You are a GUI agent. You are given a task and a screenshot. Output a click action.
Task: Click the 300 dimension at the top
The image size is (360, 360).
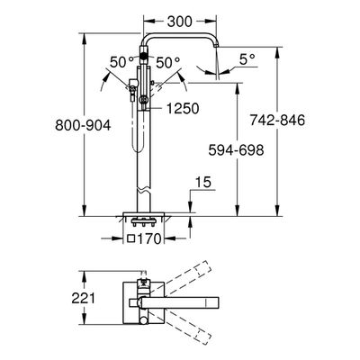(179, 22)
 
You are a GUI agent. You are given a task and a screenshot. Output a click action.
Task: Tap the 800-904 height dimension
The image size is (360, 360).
(83, 125)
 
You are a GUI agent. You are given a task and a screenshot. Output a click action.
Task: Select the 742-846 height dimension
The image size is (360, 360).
(277, 121)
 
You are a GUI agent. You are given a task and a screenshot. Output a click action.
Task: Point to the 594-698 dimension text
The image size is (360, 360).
(237, 150)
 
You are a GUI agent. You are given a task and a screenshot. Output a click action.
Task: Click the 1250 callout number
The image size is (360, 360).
(183, 108)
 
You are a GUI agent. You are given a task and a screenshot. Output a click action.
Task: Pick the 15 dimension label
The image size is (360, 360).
(203, 182)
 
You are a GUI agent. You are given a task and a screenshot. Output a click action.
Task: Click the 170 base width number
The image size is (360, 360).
(149, 239)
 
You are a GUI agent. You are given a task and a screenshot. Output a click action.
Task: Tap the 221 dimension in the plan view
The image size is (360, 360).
(83, 298)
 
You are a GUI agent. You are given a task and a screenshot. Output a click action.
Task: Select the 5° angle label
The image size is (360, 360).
(247, 59)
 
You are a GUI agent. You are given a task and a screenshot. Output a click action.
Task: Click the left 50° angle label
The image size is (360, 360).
(121, 63)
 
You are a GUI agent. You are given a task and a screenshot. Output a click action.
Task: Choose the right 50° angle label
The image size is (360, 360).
(168, 63)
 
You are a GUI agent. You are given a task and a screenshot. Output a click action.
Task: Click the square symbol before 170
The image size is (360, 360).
(131, 239)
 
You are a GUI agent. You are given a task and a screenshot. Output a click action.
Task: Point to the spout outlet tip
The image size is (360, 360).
(216, 46)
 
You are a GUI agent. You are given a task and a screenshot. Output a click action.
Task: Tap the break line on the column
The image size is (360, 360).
(143, 190)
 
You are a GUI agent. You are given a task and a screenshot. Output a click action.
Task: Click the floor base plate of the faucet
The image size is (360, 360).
(143, 214)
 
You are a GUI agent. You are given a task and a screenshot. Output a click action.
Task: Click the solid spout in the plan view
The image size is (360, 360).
(181, 302)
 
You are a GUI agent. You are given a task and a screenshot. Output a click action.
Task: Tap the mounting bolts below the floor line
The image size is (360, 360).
(143, 222)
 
